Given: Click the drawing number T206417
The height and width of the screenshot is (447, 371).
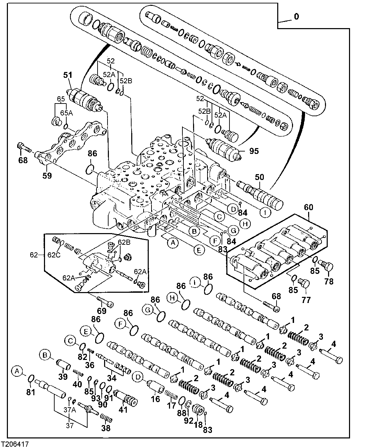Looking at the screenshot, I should pyautogui.click(x=15, y=443).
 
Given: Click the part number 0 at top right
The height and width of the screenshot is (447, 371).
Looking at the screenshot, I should pyautogui.click(x=296, y=16).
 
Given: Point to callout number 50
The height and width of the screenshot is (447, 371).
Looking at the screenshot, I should pyautogui.click(x=259, y=177).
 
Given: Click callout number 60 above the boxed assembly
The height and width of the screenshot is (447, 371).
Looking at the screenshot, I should pyautogui.click(x=308, y=208).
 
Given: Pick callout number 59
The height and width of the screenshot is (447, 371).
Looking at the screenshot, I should pyautogui.click(x=47, y=176).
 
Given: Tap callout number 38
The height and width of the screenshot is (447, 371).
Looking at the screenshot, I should pyautogui.click(x=106, y=428).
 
